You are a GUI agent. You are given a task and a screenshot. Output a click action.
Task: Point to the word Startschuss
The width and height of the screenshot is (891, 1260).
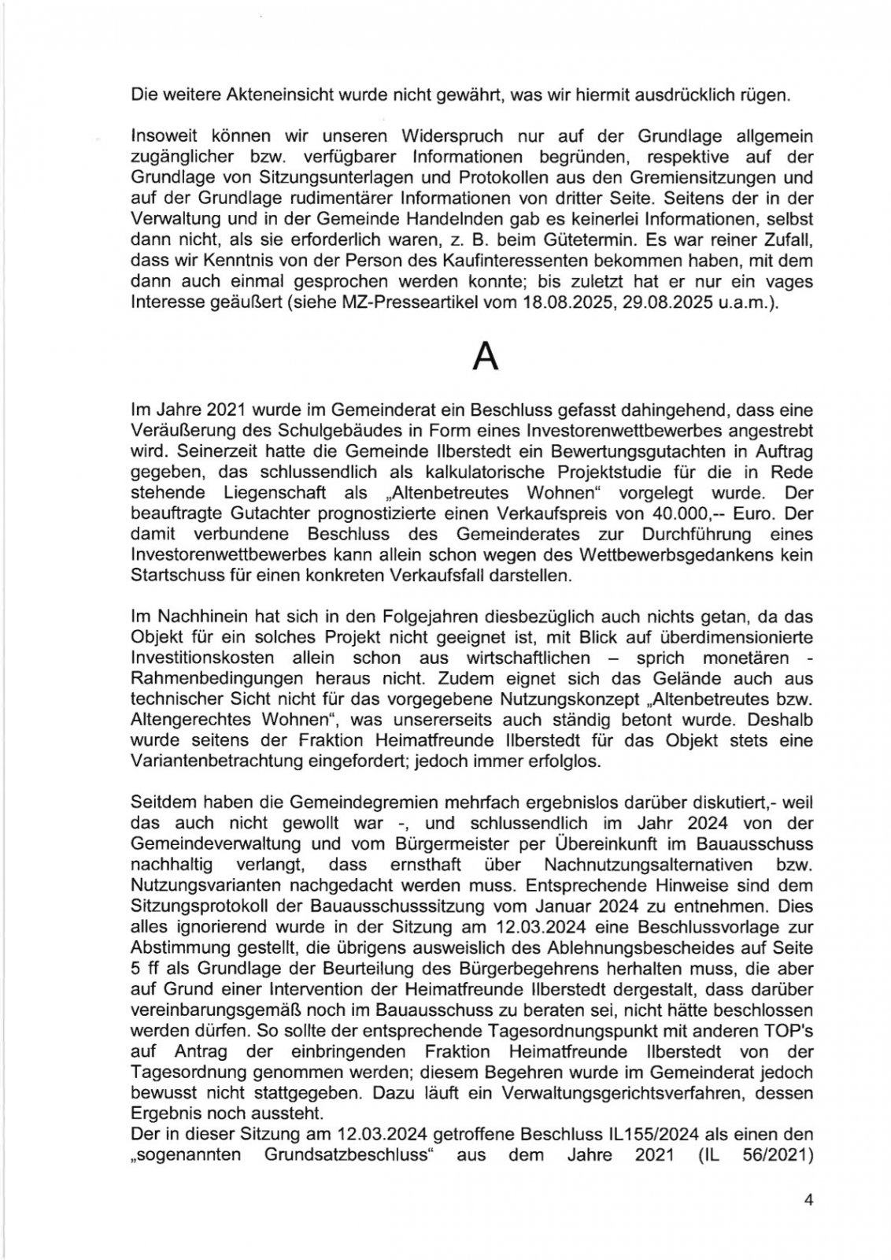[168, 576]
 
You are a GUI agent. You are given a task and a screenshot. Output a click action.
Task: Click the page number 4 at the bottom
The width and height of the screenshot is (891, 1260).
[808, 1200]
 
